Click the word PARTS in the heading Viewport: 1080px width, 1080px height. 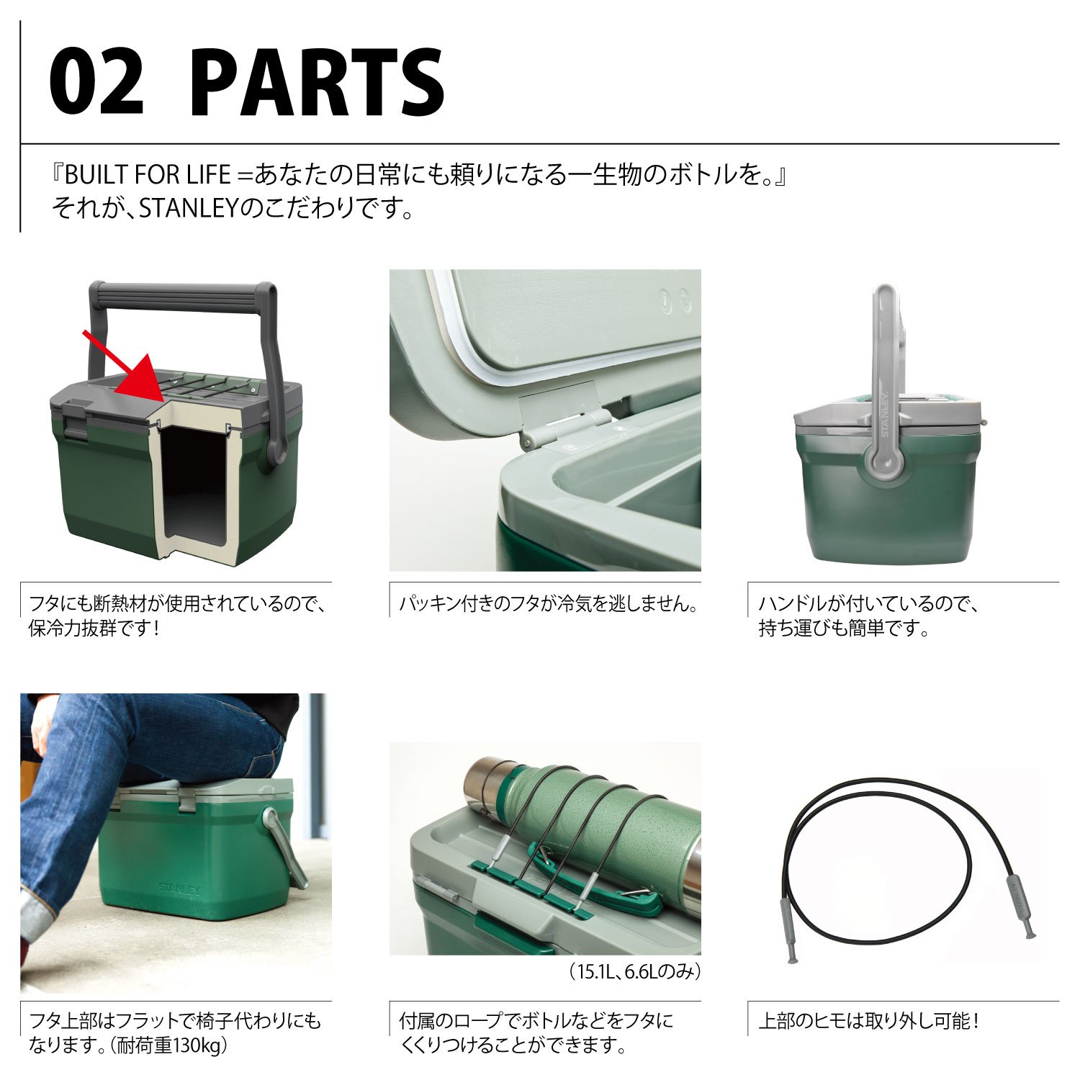click(x=318, y=83)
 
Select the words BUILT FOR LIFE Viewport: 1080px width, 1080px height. click(x=148, y=175)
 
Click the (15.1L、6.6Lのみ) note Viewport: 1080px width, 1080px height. click(x=634, y=971)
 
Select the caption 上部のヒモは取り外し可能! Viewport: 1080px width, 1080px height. click(x=869, y=1020)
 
